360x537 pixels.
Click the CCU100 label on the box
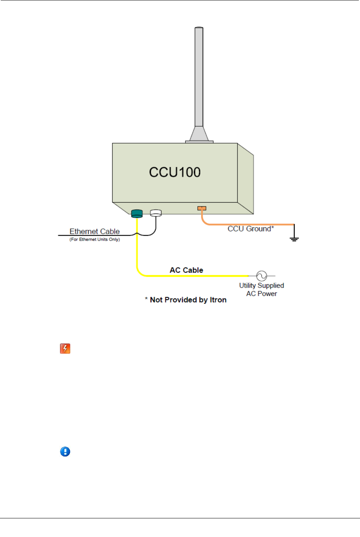(174, 172)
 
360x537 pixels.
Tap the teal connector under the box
(137, 214)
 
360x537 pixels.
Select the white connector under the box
(156, 213)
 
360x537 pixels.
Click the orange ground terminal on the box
(202, 208)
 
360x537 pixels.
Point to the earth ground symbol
(294, 239)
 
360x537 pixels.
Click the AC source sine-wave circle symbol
(262, 276)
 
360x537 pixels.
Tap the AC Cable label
(186, 270)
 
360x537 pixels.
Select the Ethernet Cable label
(95, 231)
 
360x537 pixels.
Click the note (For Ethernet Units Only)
(95, 239)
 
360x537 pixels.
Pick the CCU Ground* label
(251, 229)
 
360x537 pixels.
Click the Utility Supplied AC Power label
(262, 290)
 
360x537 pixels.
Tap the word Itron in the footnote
(218, 300)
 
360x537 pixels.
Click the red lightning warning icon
(65, 348)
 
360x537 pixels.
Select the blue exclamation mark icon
(65, 451)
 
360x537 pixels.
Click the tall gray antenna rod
(199, 76)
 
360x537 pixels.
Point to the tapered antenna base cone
(199, 134)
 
